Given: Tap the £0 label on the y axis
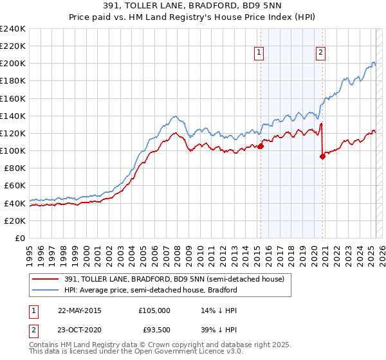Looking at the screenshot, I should click(19, 238).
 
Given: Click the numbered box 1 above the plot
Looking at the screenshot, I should click(259, 53).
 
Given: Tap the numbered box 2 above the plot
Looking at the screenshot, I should click(320, 53).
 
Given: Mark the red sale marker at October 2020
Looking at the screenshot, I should click(322, 157).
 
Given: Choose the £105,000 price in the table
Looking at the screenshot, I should click(154, 310).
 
